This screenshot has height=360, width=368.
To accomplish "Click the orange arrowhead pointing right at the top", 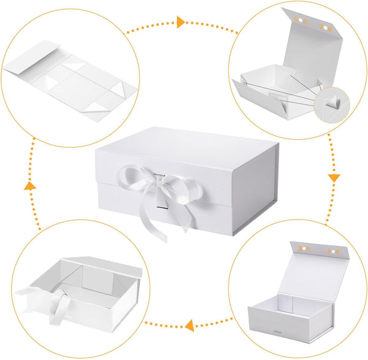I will (x=181, y=23).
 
